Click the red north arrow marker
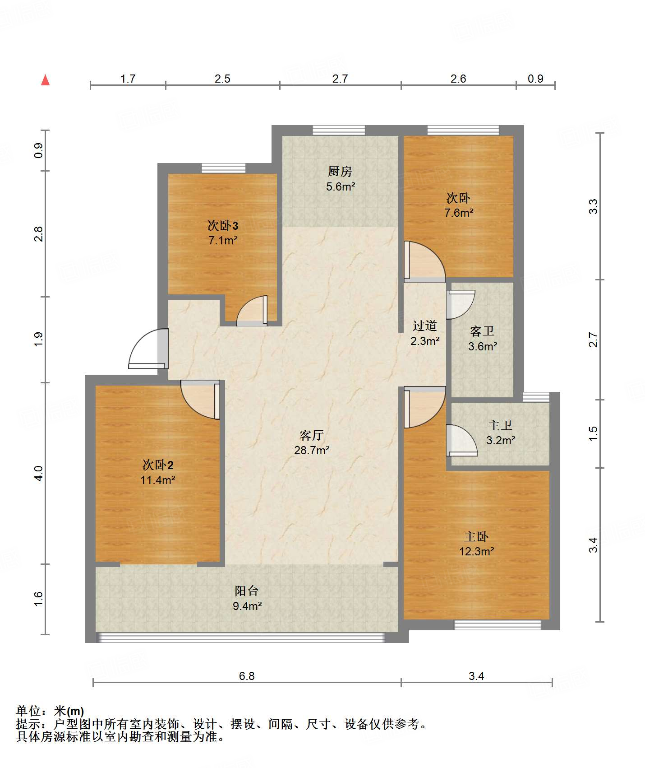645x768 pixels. (x=45, y=80)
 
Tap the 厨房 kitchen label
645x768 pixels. (x=340, y=171)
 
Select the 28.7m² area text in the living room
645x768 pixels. (x=312, y=450)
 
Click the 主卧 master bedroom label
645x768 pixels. (x=476, y=536)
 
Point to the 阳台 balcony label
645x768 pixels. (x=247, y=591)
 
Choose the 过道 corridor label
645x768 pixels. (x=425, y=326)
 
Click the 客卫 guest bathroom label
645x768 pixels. (x=482, y=331)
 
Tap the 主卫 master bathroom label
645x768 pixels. (x=500, y=425)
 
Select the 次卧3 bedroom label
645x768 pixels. (x=223, y=225)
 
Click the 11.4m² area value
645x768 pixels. (x=158, y=480)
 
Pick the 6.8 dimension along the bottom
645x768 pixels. (x=247, y=676)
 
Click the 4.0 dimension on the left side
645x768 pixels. (x=38, y=473)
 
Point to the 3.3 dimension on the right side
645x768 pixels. (x=593, y=206)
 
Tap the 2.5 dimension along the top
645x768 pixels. (x=222, y=79)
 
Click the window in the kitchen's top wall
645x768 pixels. (x=339, y=130)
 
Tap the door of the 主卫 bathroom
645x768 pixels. (x=462, y=440)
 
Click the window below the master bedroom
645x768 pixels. (x=498, y=625)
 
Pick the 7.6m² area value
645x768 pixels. (x=459, y=213)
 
